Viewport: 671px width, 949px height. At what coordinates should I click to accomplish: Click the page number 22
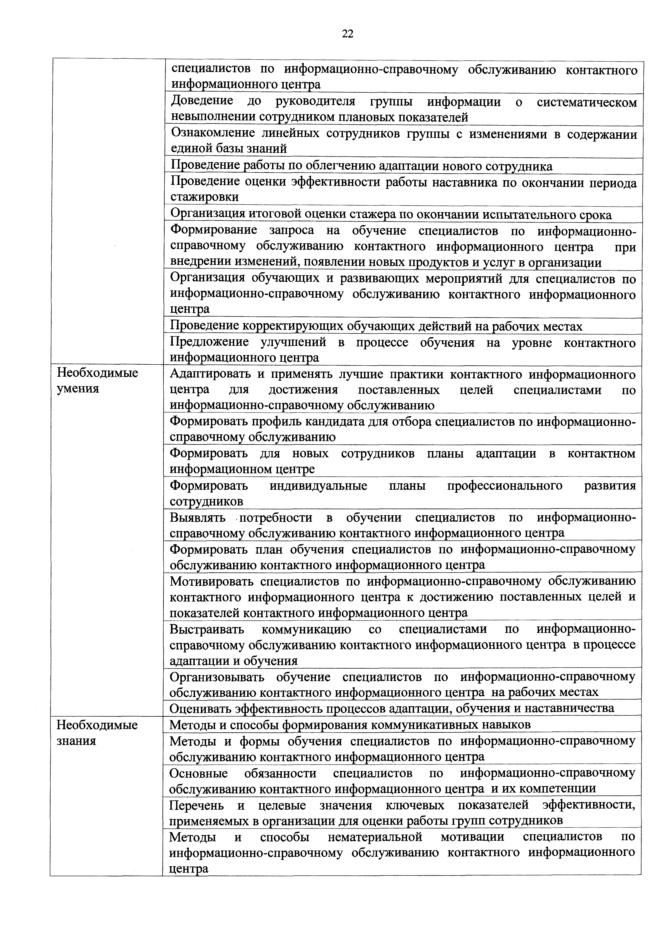pyautogui.click(x=348, y=34)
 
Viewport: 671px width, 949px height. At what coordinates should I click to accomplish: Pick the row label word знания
pyautogui.click(x=76, y=741)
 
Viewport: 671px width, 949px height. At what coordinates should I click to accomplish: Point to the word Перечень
pyautogui.click(x=197, y=805)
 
